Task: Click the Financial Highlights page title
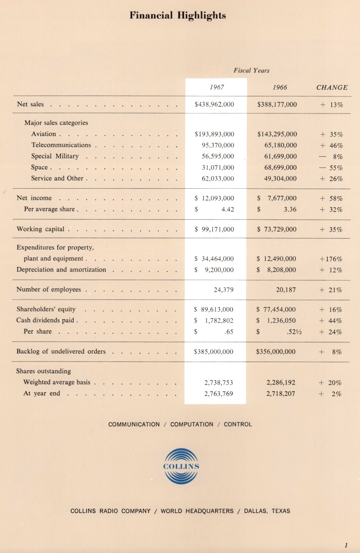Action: [x=178, y=16]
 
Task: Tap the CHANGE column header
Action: [x=332, y=87]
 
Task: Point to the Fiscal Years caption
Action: [x=252, y=70]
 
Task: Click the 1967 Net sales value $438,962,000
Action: [x=214, y=104]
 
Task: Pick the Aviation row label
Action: [x=44, y=134]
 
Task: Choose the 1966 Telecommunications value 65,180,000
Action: [x=280, y=145]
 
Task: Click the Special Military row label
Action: [x=55, y=156]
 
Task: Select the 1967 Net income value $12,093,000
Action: [x=214, y=198]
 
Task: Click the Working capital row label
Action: [x=40, y=229]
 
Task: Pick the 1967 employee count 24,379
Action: [x=223, y=290]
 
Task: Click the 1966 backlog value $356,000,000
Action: [x=276, y=352]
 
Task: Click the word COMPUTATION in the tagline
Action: [x=192, y=424]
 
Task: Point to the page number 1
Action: [x=346, y=545]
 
